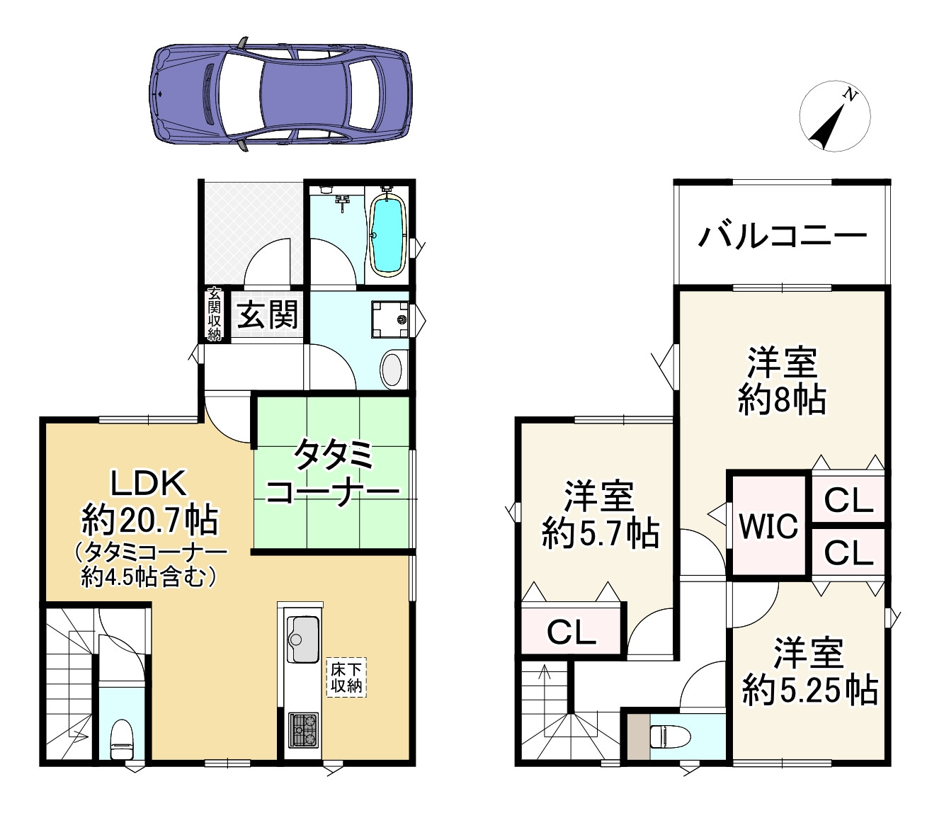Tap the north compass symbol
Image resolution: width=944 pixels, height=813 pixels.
pos(834,118)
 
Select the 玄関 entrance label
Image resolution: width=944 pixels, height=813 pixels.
pos(266,314)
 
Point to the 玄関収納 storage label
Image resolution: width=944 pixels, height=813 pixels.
pos(214,315)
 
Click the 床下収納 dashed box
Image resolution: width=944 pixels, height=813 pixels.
pos(346,676)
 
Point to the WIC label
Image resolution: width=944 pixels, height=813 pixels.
pos(769,525)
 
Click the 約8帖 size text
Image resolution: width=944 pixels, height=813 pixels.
pos(781,401)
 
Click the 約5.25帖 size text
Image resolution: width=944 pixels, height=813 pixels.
pos(809,688)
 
